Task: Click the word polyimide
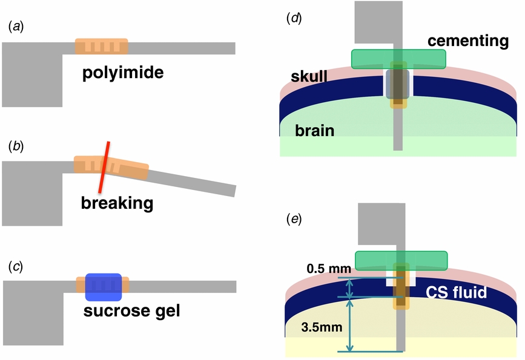coord(124,74)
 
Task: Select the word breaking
coord(117,203)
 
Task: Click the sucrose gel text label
coord(132,312)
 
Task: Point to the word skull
coord(308,77)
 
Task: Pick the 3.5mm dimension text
coord(322,327)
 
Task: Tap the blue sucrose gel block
coord(104,287)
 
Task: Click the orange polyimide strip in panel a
coord(101,47)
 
